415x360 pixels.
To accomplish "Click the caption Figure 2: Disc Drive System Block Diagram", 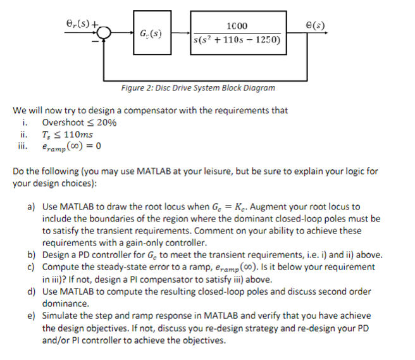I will (198, 88).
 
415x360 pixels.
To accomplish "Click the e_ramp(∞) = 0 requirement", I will (72, 146).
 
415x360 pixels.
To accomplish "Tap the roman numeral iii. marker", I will (25, 146).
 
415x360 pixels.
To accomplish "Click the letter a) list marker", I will (30, 207).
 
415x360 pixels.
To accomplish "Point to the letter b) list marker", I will (30, 255).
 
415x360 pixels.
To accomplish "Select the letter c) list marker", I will (30, 267).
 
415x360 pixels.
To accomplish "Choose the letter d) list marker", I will (30, 291).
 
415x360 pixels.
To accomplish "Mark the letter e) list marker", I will (30, 315).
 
